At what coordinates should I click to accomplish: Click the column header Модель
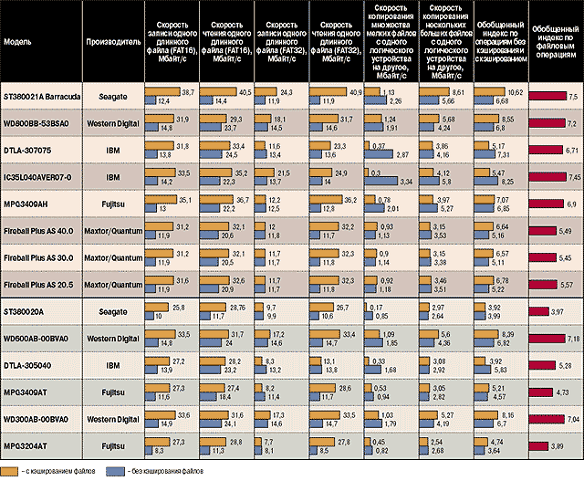(x=18, y=42)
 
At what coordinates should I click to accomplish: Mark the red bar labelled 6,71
(x=545, y=149)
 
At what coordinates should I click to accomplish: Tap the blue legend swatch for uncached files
(x=115, y=471)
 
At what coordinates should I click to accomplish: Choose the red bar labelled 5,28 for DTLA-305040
(x=542, y=366)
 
